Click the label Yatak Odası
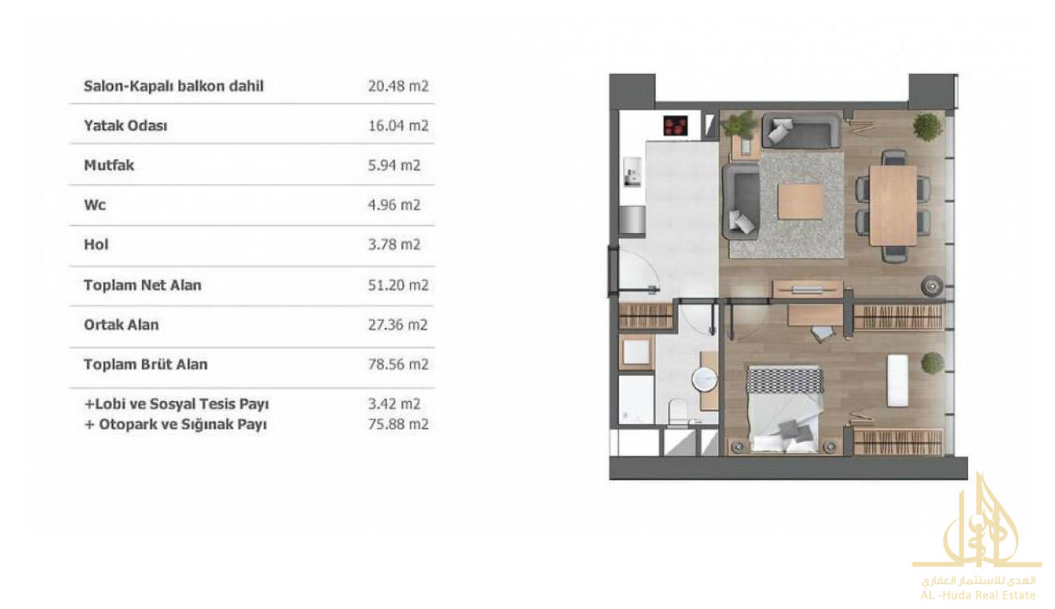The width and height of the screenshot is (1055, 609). (x=126, y=126)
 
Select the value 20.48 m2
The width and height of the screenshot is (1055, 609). (x=398, y=86)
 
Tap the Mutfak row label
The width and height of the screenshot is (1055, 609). (x=109, y=166)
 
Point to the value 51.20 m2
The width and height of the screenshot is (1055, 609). (x=398, y=285)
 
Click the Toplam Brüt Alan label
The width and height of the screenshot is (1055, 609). (x=145, y=365)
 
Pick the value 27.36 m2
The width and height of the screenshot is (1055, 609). (x=398, y=325)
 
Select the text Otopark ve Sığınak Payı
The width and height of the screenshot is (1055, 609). (x=183, y=425)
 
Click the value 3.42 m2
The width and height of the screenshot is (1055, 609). (x=394, y=404)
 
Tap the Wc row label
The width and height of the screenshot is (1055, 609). (x=95, y=205)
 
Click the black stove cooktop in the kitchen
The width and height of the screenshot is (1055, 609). (x=675, y=126)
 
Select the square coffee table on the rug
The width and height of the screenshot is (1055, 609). (x=800, y=201)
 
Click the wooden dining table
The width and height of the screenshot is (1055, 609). (x=893, y=205)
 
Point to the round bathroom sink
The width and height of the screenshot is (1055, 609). (x=704, y=380)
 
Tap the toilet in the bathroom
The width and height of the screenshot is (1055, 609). (x=678, y=412)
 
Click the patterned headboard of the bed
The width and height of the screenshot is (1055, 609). (x=785, y=380)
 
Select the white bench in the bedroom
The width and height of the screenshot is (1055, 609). (x=898, y=380)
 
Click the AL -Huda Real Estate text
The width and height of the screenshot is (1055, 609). (x=978, y=595)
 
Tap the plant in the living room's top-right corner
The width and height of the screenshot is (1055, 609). (x=928, y=127)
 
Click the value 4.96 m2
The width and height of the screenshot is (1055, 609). (x=394, y=205)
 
